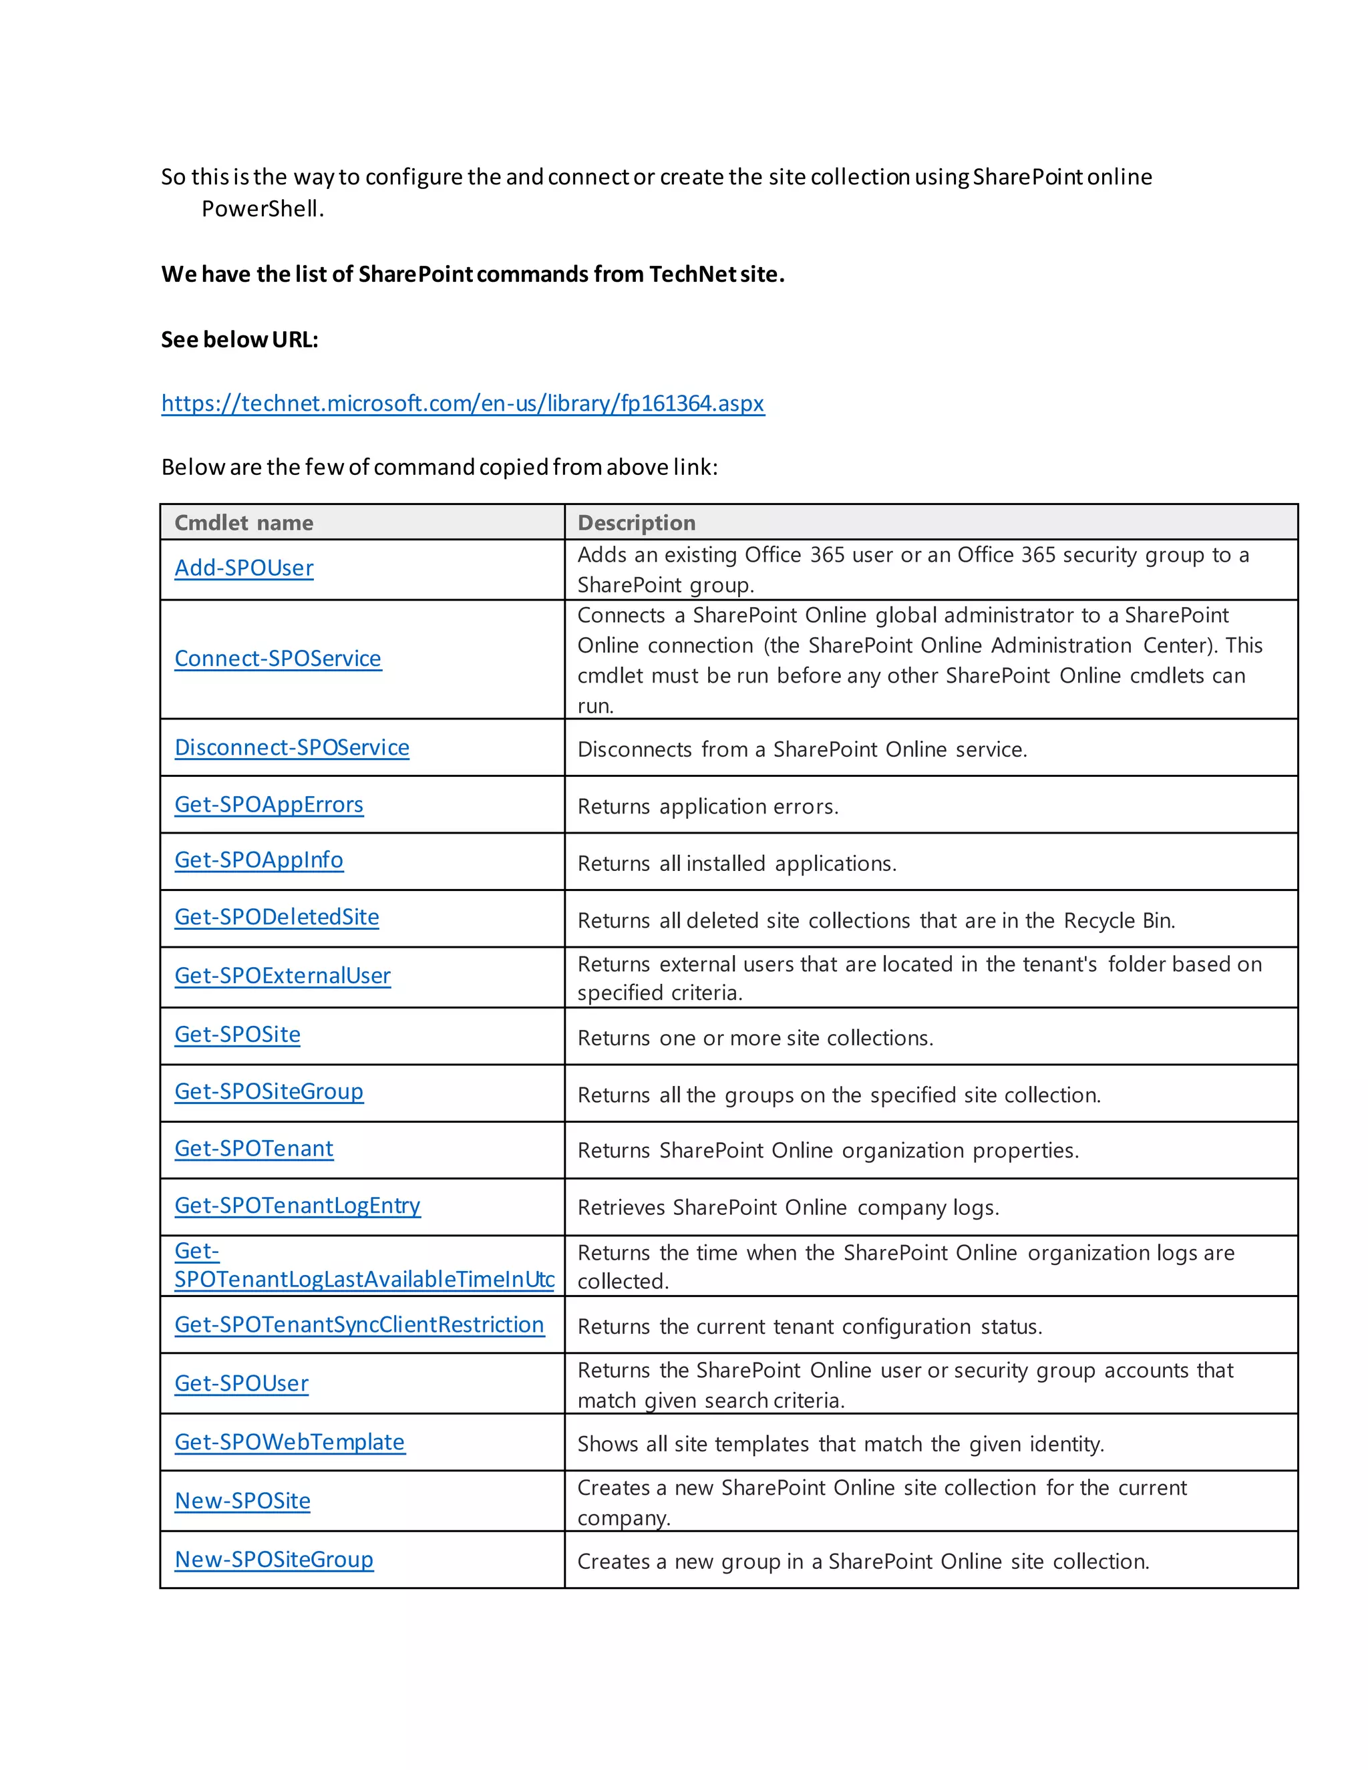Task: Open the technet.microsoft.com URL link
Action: (x=462, y=403)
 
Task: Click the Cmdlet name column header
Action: (x=244, y=523)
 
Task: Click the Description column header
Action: (x=636, y=523)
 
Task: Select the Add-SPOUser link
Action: (x=244, y=568)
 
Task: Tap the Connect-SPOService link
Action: (x=278, y=658)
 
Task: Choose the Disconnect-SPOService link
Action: (x=292, y=747)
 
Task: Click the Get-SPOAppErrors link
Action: (x=269, y=805)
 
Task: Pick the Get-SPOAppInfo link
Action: (x=259, y=860)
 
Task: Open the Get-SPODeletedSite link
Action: (x=277, y=916)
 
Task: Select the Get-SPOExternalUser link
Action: (x=283, y=976)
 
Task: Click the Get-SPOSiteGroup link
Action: (x=269, y=1091)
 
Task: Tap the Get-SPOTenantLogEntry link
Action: (x=297, y=1205)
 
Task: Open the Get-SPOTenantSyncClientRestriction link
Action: (x=359, y=1324)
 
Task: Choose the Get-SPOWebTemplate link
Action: (x=289, y=1442)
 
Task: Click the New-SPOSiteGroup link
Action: (x=274, y=1560)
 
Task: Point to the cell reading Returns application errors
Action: (x=707, y=806)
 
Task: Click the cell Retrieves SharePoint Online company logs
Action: (x=788, y=1208)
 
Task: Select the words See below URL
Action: (x=239, y=339)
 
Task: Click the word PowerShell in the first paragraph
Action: (x=261, y=209)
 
